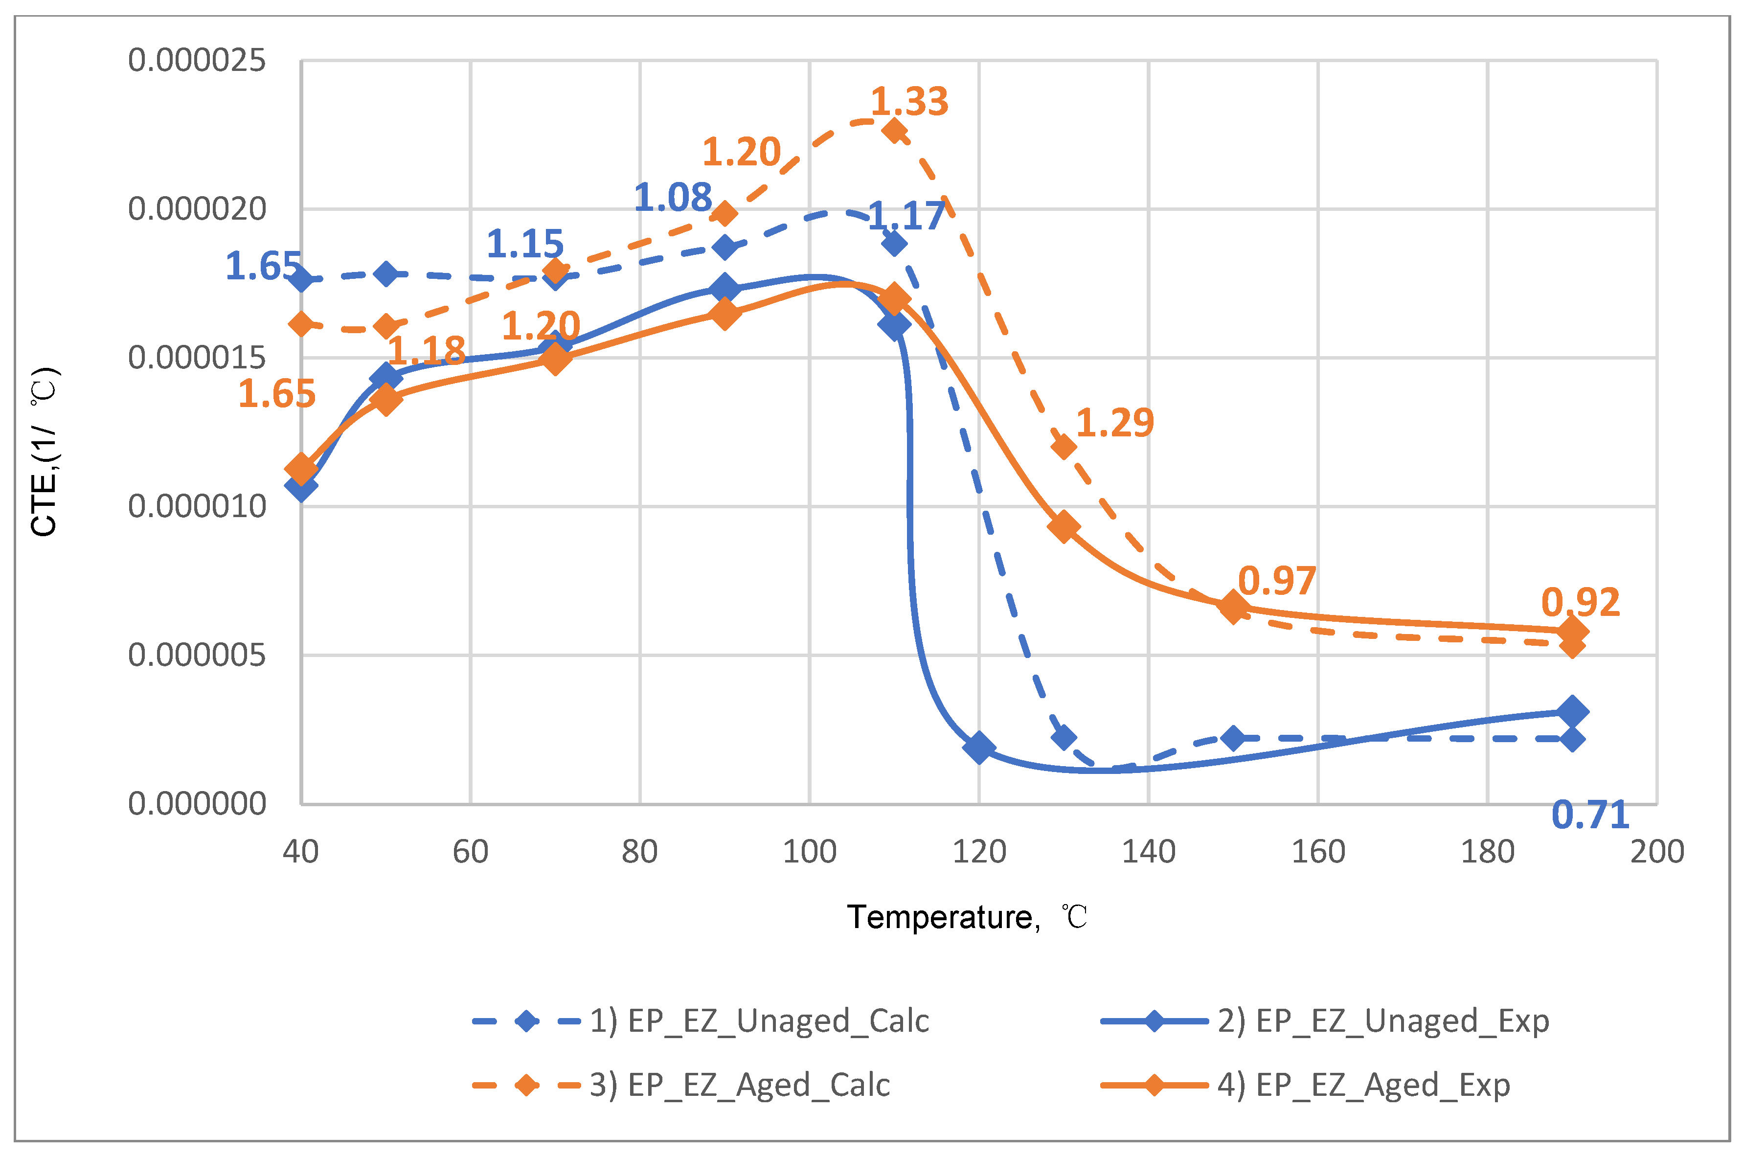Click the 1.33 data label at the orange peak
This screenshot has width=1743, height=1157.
(x=909, y=101)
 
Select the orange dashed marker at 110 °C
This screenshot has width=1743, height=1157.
(x=894, y=131)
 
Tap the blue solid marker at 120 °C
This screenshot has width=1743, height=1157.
(x=979, y=748)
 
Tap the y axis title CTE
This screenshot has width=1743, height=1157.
(x=44, y=452)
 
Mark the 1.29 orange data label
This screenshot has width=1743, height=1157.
(x=1114, y=423)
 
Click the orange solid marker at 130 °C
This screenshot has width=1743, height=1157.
(x=1064, y=527)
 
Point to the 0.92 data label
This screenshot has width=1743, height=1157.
(x=1580, y=603)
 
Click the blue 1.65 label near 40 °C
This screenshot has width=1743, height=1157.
(x=263, y=266)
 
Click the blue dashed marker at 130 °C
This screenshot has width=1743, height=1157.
(x=1064, y=737)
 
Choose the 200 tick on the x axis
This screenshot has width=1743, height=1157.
(x=1657, y=852)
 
